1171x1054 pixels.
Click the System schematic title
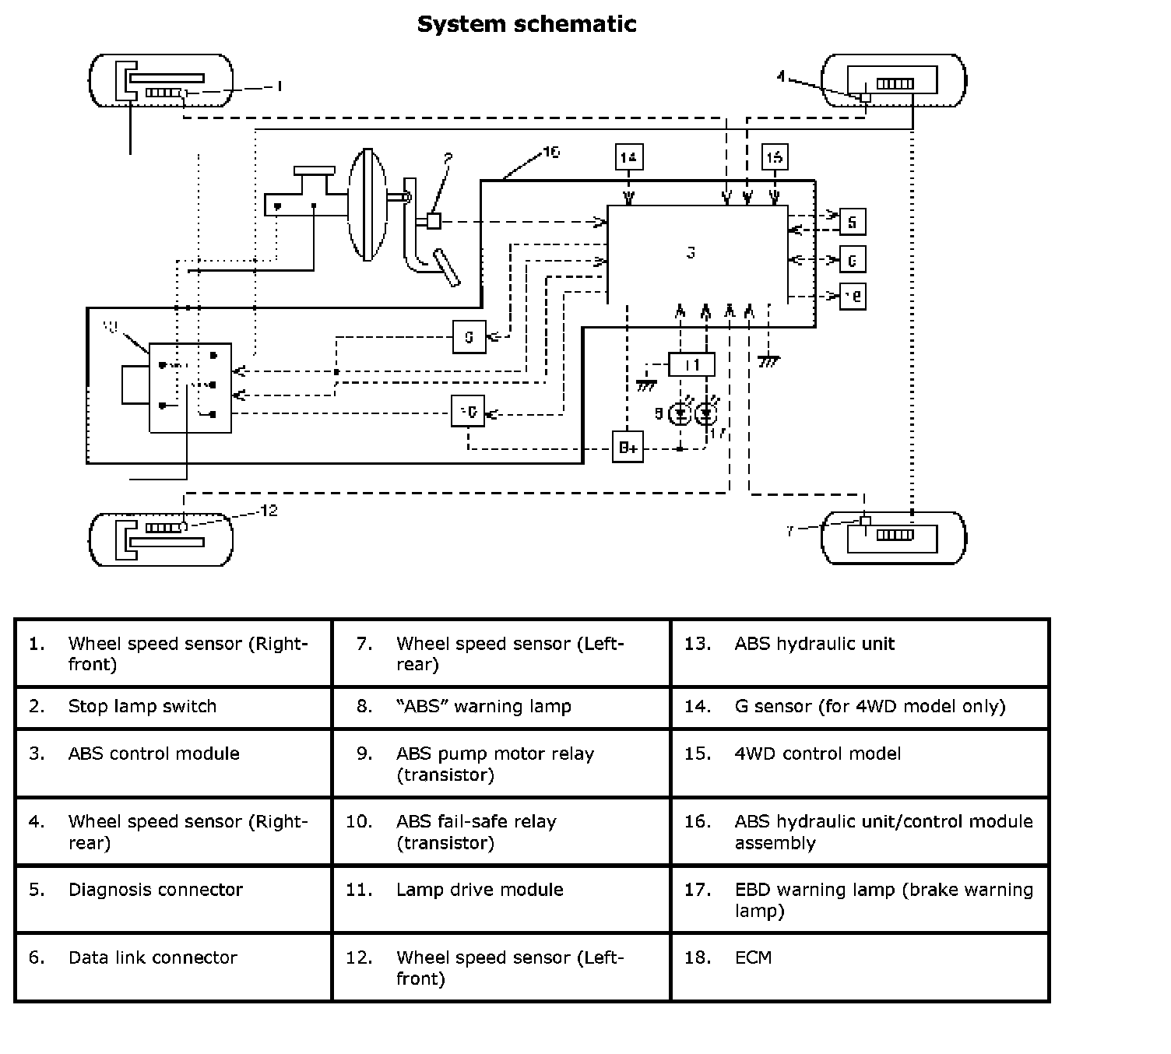click(526, 24)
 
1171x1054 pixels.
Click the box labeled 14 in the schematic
click(628, 157)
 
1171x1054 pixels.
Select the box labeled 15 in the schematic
click(774, 157)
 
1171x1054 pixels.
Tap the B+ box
click(628, 447)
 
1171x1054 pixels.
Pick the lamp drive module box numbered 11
click(691, 364)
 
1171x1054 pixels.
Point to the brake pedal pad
click(447, 267)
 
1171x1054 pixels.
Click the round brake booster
click(367, 205)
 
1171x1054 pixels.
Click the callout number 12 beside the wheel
click(268, 511)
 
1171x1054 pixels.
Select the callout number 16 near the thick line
click(550, 152)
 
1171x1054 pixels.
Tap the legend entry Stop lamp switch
click(142, 707)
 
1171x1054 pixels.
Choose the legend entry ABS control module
click(154, 754)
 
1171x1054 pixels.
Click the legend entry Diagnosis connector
click(156, 890)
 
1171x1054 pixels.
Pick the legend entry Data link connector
click(153, 957)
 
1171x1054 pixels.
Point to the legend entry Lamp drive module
click(480, 890)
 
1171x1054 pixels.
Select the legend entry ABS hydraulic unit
click(814, 644)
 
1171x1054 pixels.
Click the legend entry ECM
click(753, 957)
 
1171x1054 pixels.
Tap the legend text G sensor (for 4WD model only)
click(870, 707)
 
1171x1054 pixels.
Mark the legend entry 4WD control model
click(818, 754)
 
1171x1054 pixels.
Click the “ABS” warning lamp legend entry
click(484, 707)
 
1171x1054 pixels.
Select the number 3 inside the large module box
click(691, 252)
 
